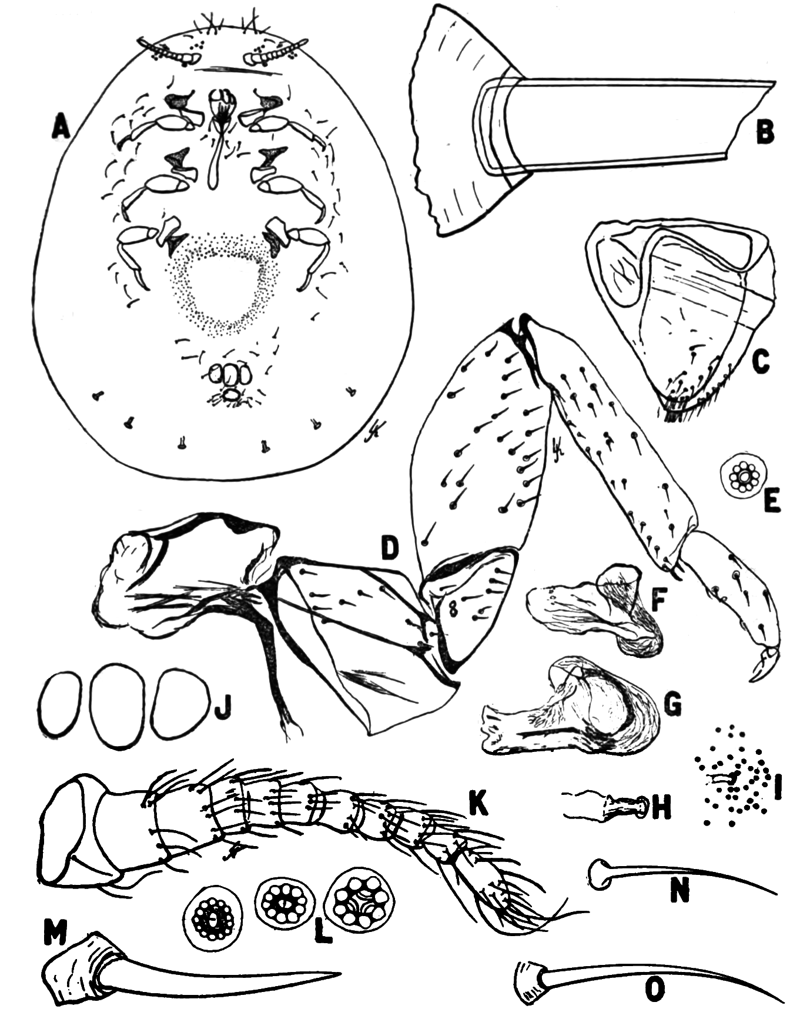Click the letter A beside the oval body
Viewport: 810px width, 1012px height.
(x=61, y=126)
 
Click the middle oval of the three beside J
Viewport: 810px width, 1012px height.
(x=118, y=706)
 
